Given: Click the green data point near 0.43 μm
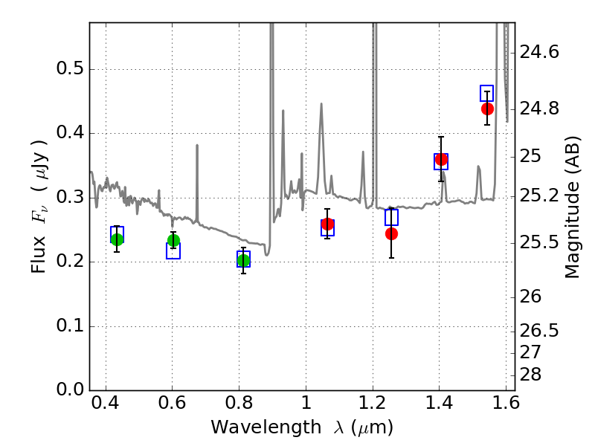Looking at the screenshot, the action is pos(117,239).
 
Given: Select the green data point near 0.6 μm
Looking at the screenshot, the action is pos(173,240).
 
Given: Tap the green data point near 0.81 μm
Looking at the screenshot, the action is pos(243,261).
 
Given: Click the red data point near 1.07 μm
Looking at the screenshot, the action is pos(327,224).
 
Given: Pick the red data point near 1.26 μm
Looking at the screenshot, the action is pos(391,233).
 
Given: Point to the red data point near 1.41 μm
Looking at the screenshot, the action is pos(441,159).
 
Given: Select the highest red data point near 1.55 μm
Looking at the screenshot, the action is pos(487,109).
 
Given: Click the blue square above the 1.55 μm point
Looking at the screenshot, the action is pos(486,94).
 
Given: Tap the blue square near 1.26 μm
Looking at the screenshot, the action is pos(391,217).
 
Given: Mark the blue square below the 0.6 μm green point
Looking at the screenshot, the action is pos(173,251).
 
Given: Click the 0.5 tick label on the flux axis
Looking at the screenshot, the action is pos(70,68).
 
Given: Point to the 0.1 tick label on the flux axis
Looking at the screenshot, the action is pos(70,326).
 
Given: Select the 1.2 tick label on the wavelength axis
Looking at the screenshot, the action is pos(373,403).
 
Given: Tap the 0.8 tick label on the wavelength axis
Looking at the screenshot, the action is pos(239,403).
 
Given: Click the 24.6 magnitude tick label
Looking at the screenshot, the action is pos(539,52).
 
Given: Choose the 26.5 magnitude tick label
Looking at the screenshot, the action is pos(539,331).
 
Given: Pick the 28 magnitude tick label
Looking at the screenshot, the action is pos(530,375).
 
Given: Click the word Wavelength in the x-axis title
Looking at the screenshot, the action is pos(266,427).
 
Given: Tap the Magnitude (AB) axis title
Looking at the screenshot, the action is pos(573,207).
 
